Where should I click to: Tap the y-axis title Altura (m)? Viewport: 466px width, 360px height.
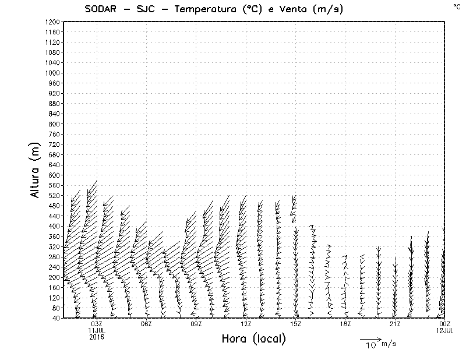(x=36, y=169)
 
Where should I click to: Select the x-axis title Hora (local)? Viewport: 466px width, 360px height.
(x=253, y=338)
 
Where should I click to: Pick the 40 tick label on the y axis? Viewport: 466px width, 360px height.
(x=57, y=318)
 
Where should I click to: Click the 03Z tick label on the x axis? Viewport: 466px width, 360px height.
(x=96, y=324)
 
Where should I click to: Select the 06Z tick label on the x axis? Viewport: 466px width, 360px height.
(x=146, y=324)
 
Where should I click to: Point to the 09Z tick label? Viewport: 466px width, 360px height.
(x=196, y=324)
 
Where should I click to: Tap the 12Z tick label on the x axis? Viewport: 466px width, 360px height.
(x=246, y=324)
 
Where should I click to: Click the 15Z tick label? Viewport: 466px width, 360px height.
(x=295, y=324)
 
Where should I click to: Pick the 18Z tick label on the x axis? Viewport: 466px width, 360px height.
(x=345, y=324)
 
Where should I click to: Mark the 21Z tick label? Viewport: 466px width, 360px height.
(x=395, y=324)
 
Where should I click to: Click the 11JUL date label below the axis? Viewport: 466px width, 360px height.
(x=96, y=330)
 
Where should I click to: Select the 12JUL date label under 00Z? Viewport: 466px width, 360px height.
(x=444, y=330)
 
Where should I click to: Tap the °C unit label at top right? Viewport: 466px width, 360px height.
(x=456, y=6)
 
